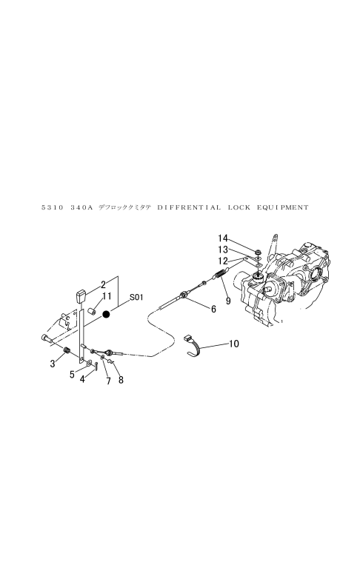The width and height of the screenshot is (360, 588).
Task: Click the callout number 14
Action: click(x=223, y=238)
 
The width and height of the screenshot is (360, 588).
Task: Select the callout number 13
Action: click(x=223, y=250)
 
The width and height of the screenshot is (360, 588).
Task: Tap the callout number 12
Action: click(x=223, y=261)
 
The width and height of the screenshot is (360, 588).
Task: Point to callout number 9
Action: click(x=228, y=301)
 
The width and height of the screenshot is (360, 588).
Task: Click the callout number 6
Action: click(x=213, y=309)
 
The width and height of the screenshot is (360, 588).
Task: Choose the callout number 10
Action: click(x=233, y=344)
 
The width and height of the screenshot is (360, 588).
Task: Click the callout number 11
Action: click(x=107, y=296)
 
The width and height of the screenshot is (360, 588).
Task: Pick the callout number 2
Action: click(x=103, y=284)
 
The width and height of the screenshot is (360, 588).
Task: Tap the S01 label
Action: click(x=136, y=298)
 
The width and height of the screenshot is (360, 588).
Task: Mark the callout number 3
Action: click(x=53, y=364)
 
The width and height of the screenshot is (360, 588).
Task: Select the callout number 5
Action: click(x=72, y=375)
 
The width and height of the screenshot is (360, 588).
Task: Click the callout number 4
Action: click(x=82, y=379)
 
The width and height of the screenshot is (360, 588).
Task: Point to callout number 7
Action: click(x=108, y=381)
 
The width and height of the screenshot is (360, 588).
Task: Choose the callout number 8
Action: click(x=121, y=380)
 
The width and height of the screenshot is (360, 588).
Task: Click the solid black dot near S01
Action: click(x=107, y=315)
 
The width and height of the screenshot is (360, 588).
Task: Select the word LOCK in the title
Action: click(x=239, y=207)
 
